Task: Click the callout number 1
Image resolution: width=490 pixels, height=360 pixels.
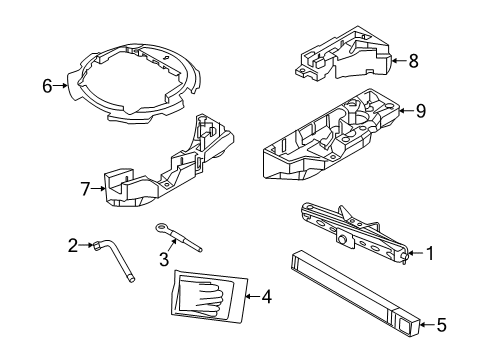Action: [x=430, y=254]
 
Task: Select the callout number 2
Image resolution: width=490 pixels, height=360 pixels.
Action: [x=72, y=245]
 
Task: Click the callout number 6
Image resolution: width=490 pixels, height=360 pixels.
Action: [x=47, y=86]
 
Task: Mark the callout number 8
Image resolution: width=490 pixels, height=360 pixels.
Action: [x=414, y=61]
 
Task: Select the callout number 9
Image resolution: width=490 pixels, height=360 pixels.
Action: [x=420, y=111]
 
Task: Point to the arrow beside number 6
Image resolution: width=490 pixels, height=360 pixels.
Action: [x=62, y=86]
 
